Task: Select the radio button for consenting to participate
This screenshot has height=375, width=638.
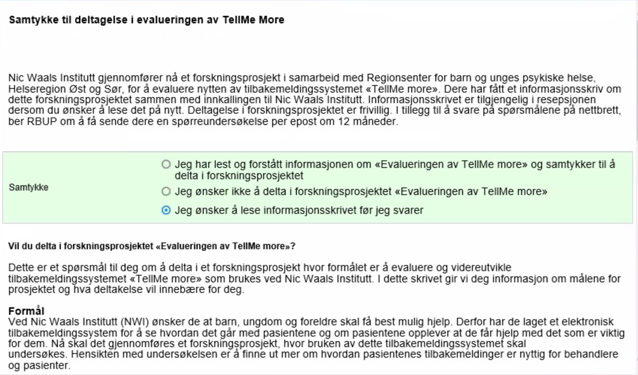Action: click(166, 165)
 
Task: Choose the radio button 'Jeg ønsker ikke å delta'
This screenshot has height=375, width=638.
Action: click(166, 191)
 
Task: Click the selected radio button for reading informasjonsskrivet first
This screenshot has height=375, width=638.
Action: click(166, 211)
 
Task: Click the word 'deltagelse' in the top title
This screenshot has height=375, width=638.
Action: click(73, 21)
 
